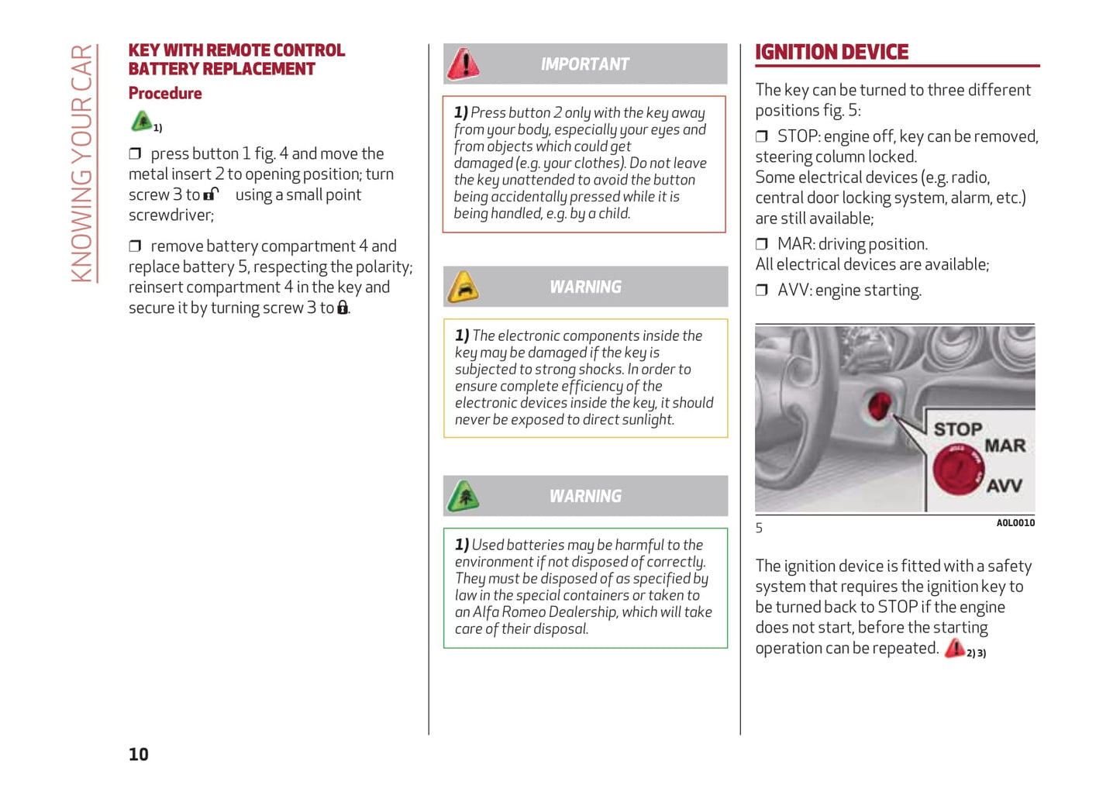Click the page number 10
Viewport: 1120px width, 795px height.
click(139, 754)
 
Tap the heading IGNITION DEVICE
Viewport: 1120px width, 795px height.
click(831, 53)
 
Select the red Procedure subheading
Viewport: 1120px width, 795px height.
click(165, 94)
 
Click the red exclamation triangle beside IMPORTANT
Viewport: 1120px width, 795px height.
click(464, 64)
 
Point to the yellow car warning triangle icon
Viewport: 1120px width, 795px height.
click(463, 287)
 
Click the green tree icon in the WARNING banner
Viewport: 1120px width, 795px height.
click(464, 497)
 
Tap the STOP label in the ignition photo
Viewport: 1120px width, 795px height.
click(957, 429)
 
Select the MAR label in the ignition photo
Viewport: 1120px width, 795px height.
click(1005, 446)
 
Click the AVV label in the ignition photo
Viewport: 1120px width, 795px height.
click(1004, 486)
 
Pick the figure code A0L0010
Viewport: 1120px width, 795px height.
click(1015, 523)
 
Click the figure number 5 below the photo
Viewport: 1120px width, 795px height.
click(760, 528)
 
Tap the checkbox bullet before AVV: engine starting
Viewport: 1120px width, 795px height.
click(762, 291)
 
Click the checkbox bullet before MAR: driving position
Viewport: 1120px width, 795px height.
click(762, 245)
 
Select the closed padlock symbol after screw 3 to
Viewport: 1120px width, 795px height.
click(343, 308)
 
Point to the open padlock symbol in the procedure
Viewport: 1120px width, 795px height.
click(211, 194)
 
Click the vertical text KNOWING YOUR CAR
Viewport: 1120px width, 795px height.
click(82, 163)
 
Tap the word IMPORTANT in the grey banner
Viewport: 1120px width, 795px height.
click(585, 64)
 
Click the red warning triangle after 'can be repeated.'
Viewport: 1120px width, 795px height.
click(955, 648)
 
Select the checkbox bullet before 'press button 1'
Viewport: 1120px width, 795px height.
click(135, 154)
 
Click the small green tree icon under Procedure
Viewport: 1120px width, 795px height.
click(142, 122)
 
